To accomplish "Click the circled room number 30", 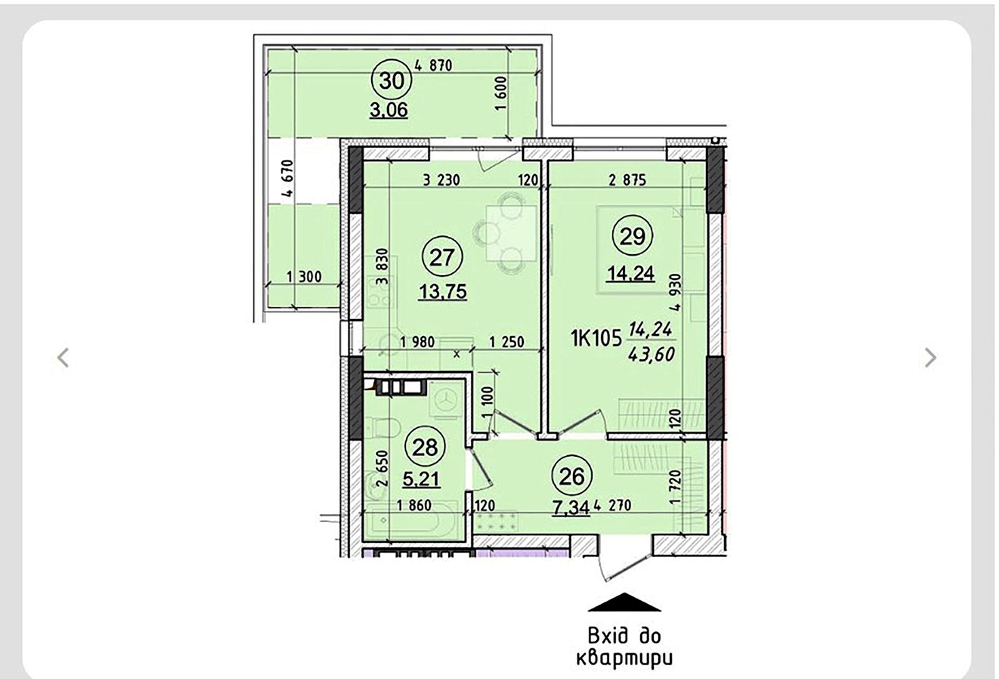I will click(x=391, y=81).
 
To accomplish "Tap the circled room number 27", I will click(x=442, y=257).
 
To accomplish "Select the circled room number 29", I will click(x=632, y=236).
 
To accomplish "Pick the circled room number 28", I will click(x=425, y=447).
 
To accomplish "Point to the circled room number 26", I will click(x=571, y=477).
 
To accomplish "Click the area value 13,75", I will click(x=443, y=291).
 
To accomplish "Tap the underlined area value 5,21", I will click(x=421, y=479).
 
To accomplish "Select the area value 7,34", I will click(x=571, y=507).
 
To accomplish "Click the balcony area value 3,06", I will click(x=388, y=110).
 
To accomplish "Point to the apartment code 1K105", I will click(x=596, y=339).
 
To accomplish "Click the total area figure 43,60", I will click(x=652, y=354).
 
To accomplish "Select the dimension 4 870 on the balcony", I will click(x=433, y=64).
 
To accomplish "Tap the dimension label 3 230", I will click(x=441, y=180).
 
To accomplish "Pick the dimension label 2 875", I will click(x=627, y=180).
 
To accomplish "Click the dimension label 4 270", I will click(x=613, y=505).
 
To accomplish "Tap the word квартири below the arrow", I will click(x=623, y=658).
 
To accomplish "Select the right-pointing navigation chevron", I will click(x=930, y=357).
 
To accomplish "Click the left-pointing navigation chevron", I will click(x=63, y=357).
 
